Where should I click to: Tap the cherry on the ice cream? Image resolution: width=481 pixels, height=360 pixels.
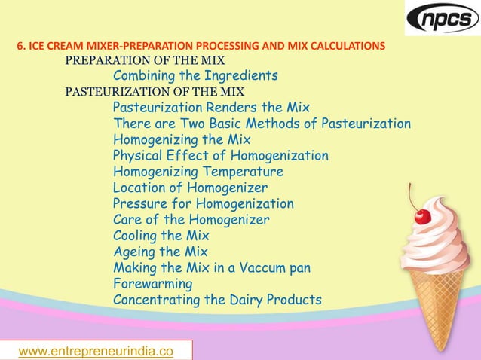(422, 216)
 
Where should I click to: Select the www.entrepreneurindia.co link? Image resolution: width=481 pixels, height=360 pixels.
(95, 351)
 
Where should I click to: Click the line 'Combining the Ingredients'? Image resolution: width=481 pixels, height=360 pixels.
(195, 76)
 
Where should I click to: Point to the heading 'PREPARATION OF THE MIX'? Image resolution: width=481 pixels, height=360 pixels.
(145, 59)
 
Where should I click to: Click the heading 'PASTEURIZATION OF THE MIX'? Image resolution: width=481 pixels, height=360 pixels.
(150, 92)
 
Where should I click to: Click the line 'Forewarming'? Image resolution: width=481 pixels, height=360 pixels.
(152, 284)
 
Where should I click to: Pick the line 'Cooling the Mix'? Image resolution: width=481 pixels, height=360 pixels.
(161, 236)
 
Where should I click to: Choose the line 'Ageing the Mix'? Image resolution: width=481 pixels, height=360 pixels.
(160, 252)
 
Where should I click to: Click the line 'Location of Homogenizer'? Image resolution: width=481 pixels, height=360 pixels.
(190, 188)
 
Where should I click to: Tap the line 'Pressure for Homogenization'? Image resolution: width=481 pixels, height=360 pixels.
(203, 203)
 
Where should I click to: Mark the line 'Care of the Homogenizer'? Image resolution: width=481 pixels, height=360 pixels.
(191, 220)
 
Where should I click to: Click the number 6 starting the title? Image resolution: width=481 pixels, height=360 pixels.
(20, 46)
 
